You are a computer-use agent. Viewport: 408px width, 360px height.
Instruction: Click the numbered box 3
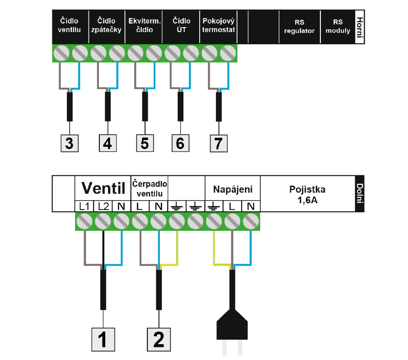(x=70, y=143)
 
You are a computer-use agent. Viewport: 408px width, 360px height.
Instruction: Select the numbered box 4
(x=108, y=143)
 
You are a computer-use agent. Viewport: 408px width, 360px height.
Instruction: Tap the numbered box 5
(x=145, y=143)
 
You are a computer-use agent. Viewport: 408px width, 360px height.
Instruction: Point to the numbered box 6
(x=180, y=143)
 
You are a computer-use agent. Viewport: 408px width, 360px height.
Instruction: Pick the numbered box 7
(x=219, y=143)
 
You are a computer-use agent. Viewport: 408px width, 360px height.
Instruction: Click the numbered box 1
(x=103, y=340)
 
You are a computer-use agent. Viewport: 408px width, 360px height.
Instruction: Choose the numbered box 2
(x=159, y=340)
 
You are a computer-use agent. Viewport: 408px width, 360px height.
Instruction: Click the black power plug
(x=232, y=325)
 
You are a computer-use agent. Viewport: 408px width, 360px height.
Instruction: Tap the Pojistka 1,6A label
(x=307, y=195)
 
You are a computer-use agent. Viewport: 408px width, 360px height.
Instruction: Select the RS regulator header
(x=299, y=27)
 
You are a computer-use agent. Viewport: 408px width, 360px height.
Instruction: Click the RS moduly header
(x=338, y=26)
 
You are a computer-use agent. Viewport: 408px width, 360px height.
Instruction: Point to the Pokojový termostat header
(x=219, y=25)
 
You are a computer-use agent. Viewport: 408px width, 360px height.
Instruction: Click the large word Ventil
(x=103, y=188)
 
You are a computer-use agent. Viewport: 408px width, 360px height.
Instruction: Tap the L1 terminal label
(x=84, y=206)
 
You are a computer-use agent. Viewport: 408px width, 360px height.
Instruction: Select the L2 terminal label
(x=103, y=206)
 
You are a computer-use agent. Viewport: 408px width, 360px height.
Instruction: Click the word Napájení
(x=233, y=189)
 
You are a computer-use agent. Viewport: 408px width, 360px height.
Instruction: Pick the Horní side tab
(x=360, y=27)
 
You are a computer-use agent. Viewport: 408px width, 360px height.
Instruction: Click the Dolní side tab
(x=360, y=193)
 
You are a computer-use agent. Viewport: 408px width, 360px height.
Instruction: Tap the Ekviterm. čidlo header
(x=145, y=25)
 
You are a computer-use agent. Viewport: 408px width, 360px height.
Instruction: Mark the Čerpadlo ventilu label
(x=150, y=189)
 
